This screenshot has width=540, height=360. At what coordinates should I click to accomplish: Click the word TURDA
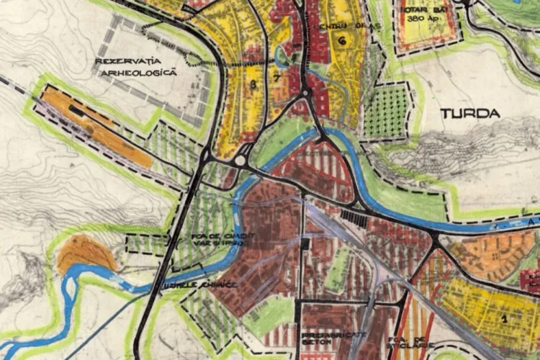point(469,113)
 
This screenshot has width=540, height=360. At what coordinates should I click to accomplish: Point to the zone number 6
point(341,41)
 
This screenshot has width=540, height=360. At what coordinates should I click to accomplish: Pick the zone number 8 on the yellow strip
point(253,85)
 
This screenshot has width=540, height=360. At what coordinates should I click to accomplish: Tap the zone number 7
point(276,77)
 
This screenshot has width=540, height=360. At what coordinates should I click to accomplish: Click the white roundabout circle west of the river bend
point(240,160)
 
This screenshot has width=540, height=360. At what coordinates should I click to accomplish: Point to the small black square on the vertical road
point(305,244)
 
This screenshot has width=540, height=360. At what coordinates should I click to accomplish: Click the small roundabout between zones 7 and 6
point(305,93)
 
